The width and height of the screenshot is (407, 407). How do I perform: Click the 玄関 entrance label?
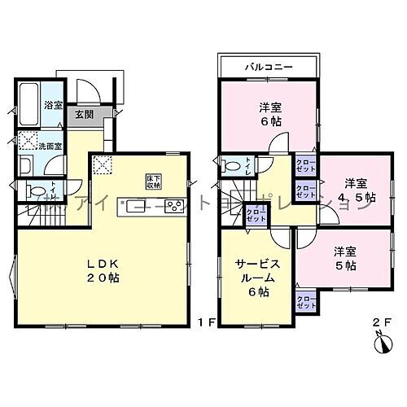pyautogui.click(x=84, y=115)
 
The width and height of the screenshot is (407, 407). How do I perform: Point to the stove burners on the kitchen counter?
pyautogui.click(x=176, y=206)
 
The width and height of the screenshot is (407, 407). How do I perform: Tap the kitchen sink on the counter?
pyautogui.click(x=132, y=205)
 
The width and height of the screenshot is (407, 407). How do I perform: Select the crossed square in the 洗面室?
pyautogui.click(x=28, y=139)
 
